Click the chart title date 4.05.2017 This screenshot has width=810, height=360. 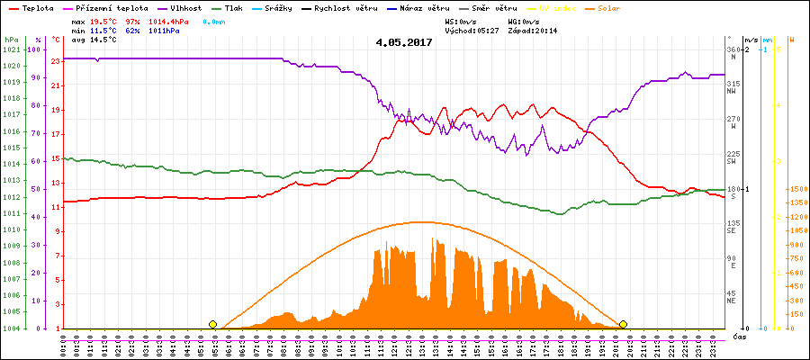click(404, 42)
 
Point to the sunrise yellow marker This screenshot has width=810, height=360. click(212, 324)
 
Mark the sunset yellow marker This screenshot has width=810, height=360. click(623, 324)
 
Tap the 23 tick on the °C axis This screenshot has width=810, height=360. click(56, 61)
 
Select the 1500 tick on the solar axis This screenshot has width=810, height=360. click(796, 189)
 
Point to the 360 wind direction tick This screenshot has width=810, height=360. click(733, 49)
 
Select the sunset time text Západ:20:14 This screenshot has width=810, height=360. click(533, 30)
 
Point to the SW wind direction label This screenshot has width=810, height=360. click(733, 162)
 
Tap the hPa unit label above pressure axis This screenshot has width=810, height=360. click(11, 40)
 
